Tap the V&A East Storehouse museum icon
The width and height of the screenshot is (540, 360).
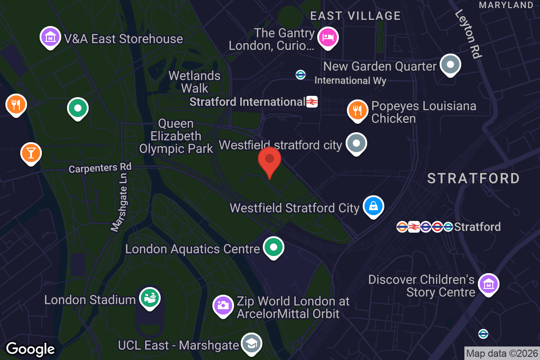51,37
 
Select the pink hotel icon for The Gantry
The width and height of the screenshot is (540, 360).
328,37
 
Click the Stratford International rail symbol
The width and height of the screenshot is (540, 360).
312,102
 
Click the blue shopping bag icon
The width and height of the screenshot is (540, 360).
373,207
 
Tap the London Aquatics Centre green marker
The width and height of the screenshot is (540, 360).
273,247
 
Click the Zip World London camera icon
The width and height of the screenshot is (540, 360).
223,306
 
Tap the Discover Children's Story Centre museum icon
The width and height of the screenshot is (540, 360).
488,284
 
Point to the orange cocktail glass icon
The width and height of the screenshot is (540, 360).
31,153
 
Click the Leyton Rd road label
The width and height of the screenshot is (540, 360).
468,34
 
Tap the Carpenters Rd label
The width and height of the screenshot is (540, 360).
100,168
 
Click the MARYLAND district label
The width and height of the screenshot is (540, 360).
506,5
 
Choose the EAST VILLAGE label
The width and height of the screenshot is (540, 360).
355,16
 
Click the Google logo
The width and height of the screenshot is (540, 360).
31,349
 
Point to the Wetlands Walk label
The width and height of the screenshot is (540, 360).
195,81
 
